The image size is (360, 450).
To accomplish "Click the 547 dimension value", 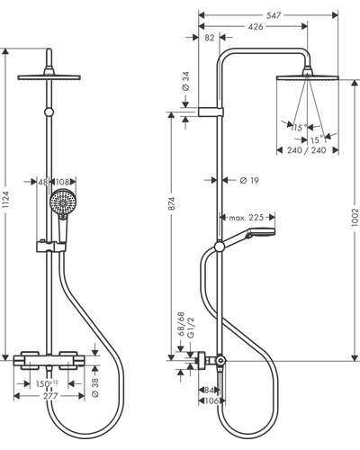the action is (274, 15).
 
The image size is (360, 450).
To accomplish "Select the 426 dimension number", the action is (256, 27).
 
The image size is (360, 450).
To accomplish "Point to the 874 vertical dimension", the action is (171, 203).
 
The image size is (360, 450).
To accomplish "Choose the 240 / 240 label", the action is (307, 150).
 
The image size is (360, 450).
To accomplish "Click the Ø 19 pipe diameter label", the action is (249, 180).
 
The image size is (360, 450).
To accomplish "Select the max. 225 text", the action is (247, 217).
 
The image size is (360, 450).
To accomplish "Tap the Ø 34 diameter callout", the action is (185, 81).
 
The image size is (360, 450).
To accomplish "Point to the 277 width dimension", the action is (50, 396).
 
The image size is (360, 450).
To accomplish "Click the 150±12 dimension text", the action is (47, 383).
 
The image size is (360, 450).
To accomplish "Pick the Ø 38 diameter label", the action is (95, 388).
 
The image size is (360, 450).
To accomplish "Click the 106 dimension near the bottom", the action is (211, 400).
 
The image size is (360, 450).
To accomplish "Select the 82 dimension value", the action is (210, 38).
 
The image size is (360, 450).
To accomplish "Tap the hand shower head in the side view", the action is (260, 232).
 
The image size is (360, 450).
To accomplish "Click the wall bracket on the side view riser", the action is (211, 112).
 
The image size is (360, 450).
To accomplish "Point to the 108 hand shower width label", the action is (62, 182).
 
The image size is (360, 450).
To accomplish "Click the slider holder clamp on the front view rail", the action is (50, 247).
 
